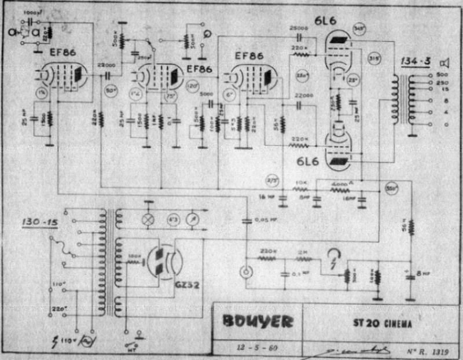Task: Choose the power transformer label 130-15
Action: click(x=37, y=222)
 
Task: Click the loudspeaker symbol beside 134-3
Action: click(x=445, y=62)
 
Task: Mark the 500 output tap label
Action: click(x=443, y=75)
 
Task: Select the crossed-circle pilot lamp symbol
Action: click(x=147, y=219)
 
